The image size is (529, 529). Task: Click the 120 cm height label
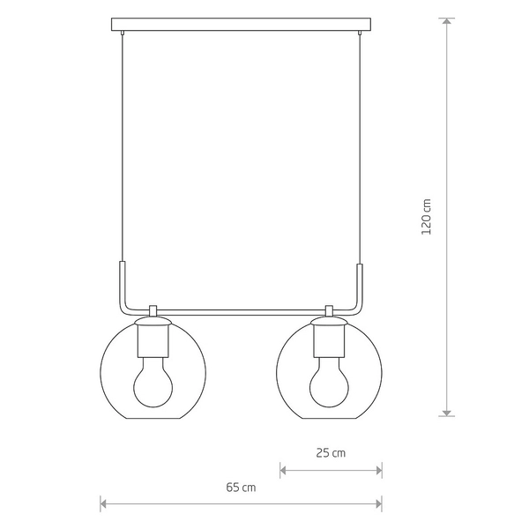pos(427,217)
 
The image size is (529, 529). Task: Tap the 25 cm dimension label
pos(331,453)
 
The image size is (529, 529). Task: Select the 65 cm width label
pos(241,488)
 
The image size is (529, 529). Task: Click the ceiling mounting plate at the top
pos(241,25)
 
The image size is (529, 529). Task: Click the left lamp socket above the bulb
pos(153,340)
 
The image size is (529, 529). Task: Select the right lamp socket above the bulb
pos(329,340)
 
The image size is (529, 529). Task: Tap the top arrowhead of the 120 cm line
pos(447,21)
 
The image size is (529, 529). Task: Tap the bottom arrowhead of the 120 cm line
pos(447,413)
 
